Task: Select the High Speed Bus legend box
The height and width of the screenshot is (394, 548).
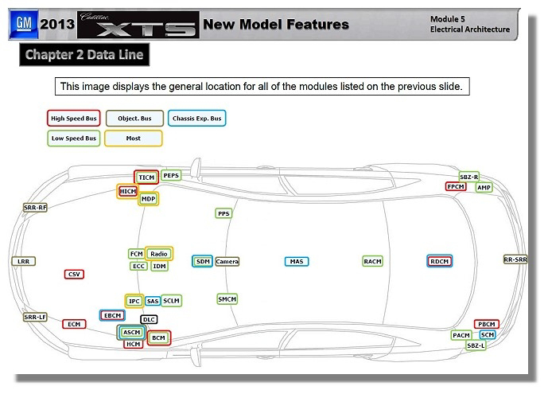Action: click(x=73, y=119)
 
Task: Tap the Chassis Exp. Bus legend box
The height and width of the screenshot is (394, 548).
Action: click(x=196, y=119)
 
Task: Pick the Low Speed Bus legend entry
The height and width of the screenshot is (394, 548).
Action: click(x=73, y=138)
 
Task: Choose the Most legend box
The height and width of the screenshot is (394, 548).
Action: click(x=134, y=138)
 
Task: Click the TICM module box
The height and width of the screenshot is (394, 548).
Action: click(x=146, y=177)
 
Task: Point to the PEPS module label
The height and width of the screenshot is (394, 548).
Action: click(x=171, y=175)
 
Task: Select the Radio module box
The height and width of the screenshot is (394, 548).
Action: click(x=159, y=253)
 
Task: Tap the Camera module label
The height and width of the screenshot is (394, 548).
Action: click(x=227, y=261)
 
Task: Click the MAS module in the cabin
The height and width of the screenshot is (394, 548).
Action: click(x=297, y=261)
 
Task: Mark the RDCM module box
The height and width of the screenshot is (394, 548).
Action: click(x=440, y=261)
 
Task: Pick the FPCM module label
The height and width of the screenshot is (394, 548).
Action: click(x=456, y=186)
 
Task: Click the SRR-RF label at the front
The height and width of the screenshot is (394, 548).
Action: click(x=35, y=207)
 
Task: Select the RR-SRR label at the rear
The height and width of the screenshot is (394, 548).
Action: click(x=515, y=259)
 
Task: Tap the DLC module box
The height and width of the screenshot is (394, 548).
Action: click(x=149, y=319)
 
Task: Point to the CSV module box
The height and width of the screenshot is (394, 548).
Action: click(x=74, y=274)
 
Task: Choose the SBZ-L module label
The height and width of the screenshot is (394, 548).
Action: click(x=476, y=345)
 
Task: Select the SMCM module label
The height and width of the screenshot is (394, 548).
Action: click(x=227, y=299)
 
